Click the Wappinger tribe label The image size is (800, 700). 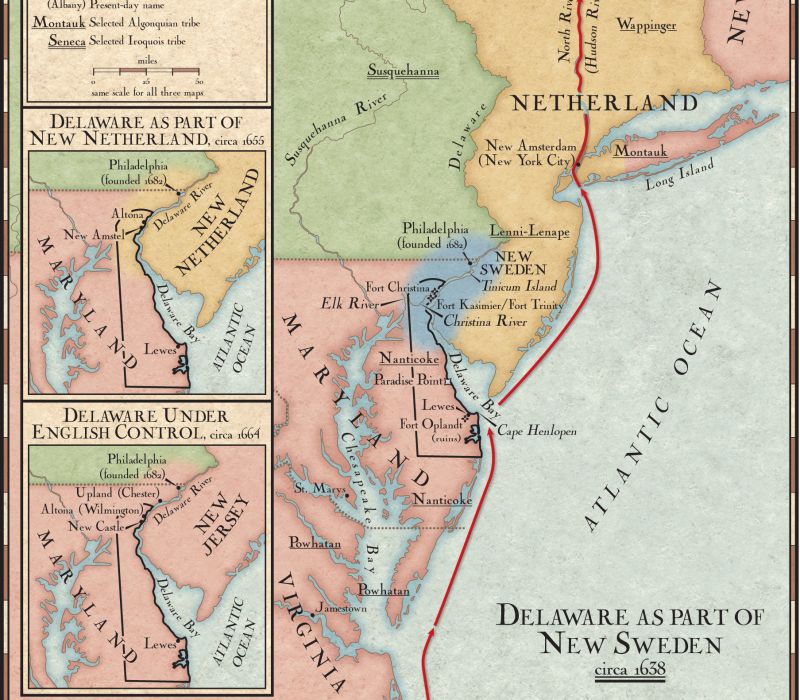[647, 24]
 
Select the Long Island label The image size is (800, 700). [680, 176]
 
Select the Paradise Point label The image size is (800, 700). [409, 380]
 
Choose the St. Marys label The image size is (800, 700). [315, 488]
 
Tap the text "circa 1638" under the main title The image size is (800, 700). [629, 669]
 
